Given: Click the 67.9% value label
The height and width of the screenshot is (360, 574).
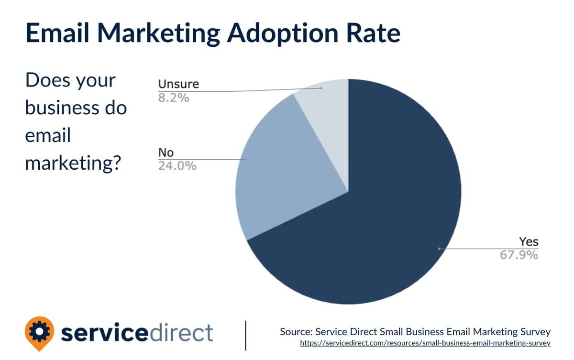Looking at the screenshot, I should pos(519,255).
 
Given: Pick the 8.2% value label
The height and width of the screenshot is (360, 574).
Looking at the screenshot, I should pos(174,98).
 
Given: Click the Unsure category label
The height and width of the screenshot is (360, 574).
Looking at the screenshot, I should pos(178,85).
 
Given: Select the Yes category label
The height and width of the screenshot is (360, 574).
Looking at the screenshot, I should pos(529,241).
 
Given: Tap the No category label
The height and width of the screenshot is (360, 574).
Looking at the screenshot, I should pos(166,153).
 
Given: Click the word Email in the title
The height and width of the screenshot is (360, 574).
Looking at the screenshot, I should pos(64,33).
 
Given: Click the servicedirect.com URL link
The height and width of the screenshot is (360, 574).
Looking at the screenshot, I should pos(425,343).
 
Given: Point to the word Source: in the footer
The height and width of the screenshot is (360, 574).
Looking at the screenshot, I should pos(297,331).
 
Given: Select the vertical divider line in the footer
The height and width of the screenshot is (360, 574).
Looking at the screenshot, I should pos(246,335).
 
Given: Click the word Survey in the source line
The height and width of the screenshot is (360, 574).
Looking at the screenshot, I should pos(534,331).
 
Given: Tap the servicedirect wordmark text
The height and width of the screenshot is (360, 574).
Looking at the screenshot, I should pos(137,332).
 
